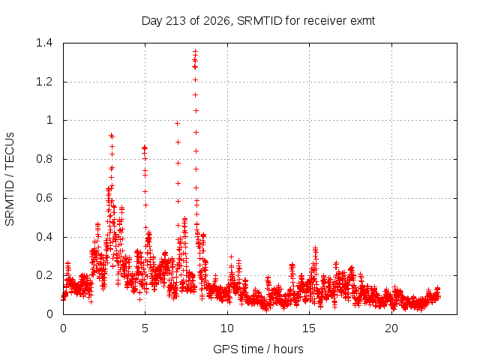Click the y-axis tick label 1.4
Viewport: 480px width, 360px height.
[44, 43]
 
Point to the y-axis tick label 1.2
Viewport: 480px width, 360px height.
[44, 82]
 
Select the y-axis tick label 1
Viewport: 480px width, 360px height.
[49, 120]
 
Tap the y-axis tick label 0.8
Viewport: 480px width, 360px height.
[44, 159]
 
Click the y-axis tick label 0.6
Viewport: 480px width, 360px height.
[44, 198]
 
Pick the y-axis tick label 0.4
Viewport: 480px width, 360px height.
[44, 237]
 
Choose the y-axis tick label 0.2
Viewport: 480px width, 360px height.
[44, 275]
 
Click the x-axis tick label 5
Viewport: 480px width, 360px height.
[145, 328]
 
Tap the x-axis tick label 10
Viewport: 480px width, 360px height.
[227, 328]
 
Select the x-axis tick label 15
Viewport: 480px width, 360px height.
[309, 328]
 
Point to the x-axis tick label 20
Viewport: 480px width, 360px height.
[391, 328]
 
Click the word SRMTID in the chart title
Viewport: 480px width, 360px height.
[259, 21]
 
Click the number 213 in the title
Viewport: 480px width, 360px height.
[175, 21]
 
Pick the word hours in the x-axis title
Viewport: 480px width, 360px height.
[288, 349]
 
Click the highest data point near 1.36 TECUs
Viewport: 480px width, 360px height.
[195, 51]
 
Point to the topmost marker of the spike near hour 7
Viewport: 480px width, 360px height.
[177, 123]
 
